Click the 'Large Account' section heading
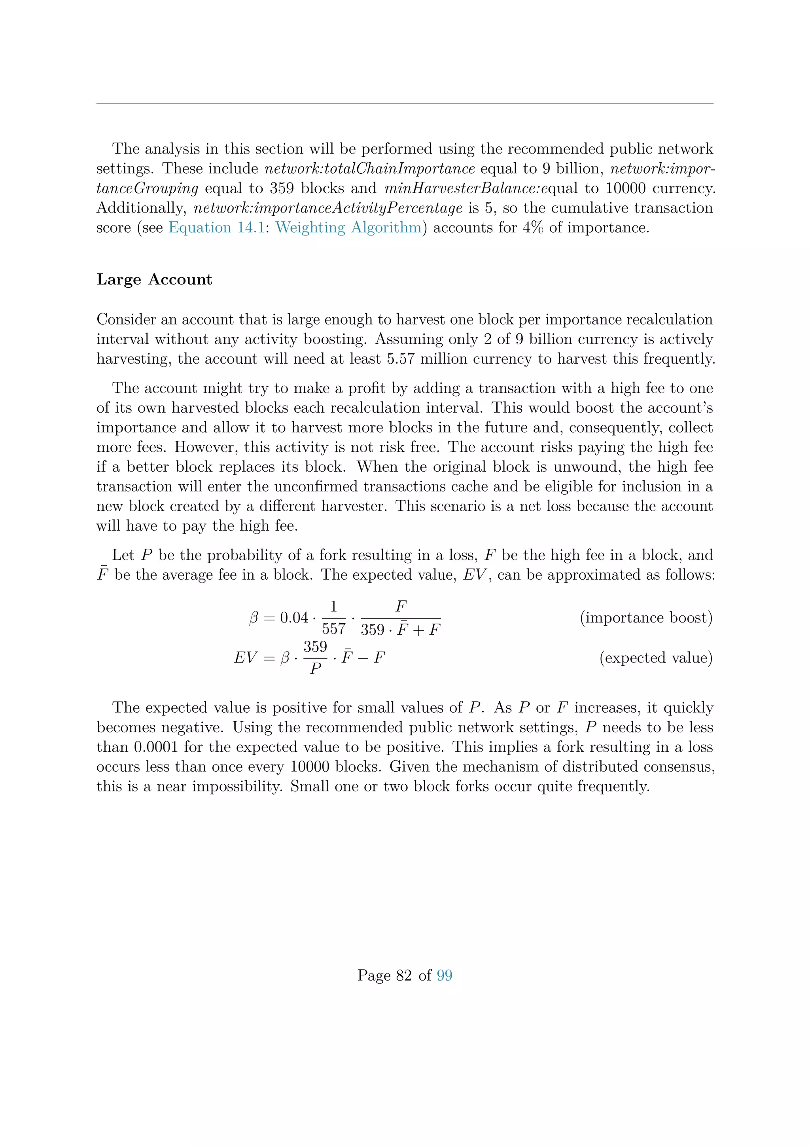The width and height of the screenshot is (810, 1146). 154,279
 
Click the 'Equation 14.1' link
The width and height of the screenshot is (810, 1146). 216,228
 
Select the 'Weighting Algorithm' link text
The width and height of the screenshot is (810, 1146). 348,228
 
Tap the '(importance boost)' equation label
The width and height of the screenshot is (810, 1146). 646,618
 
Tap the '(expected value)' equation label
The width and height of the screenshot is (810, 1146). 656,658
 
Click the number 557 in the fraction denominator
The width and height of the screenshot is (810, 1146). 334,629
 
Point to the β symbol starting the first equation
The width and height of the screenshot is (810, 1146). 254,619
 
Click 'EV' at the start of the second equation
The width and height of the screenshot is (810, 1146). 245,658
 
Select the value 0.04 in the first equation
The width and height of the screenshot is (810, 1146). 294,618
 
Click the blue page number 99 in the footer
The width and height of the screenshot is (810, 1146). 445,975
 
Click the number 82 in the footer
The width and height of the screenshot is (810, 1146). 404,975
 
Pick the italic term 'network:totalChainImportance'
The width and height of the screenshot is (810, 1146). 369,169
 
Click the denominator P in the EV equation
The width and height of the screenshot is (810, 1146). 315,669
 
